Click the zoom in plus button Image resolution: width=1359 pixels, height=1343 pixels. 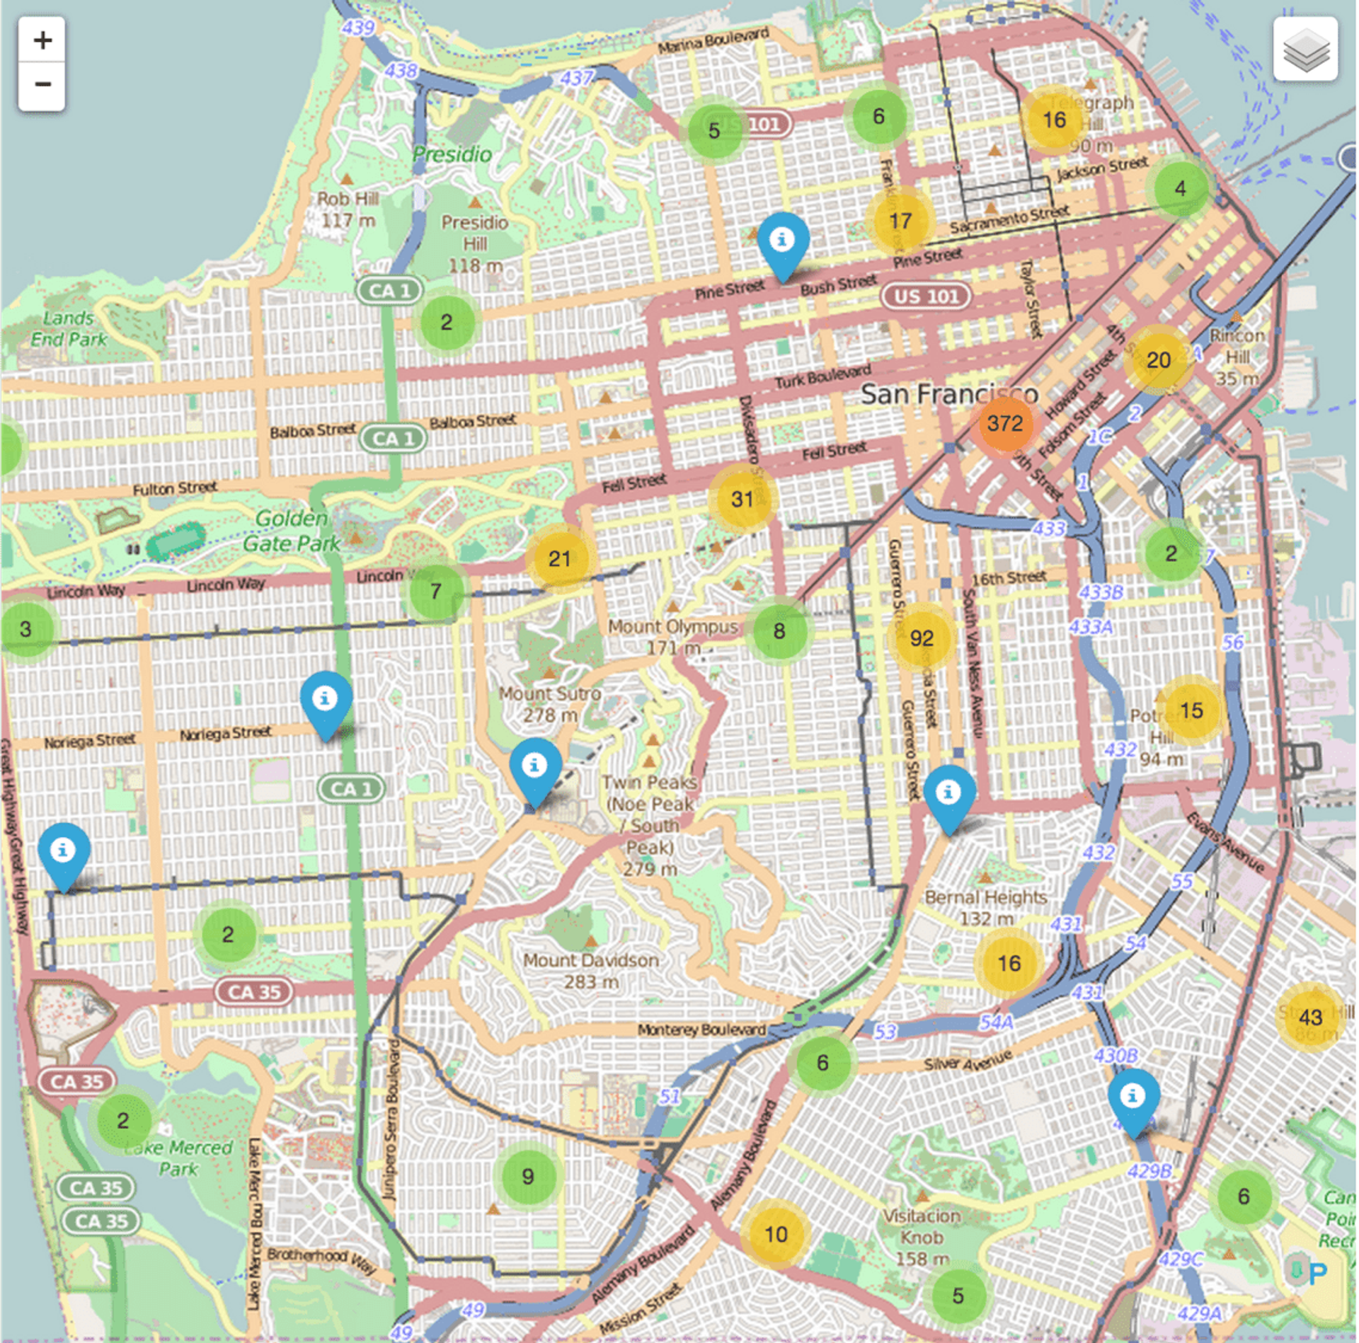(x=42, y=40)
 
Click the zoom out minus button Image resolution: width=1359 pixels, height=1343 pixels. (x=42, y=85)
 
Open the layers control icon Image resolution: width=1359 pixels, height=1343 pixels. (x=1304, y=50)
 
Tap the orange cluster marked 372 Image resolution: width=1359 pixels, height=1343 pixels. (x=1004, y=424)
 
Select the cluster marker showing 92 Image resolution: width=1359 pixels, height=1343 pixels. (x=921, y=638)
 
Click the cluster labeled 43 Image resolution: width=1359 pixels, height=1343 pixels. (x=1309, y=1018)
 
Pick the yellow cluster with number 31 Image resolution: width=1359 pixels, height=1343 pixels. (x=742, y=500)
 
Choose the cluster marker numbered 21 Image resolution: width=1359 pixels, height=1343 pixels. (x=559, y=559)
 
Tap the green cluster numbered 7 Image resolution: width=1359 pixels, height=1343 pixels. (x=436, y=591)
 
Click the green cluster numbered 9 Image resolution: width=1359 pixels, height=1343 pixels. (x=527, y=1176)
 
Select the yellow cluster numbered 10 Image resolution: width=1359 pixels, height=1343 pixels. (x=776, y=1235)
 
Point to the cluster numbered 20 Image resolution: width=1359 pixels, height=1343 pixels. (x=1158, y=360)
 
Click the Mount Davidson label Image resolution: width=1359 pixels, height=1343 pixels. (x=591, y=970)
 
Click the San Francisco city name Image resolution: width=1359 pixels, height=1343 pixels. (x=948, y=394)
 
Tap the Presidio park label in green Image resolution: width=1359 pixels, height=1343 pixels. (x=452, y=154)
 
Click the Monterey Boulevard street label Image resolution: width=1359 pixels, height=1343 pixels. (x=701, y=1030)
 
